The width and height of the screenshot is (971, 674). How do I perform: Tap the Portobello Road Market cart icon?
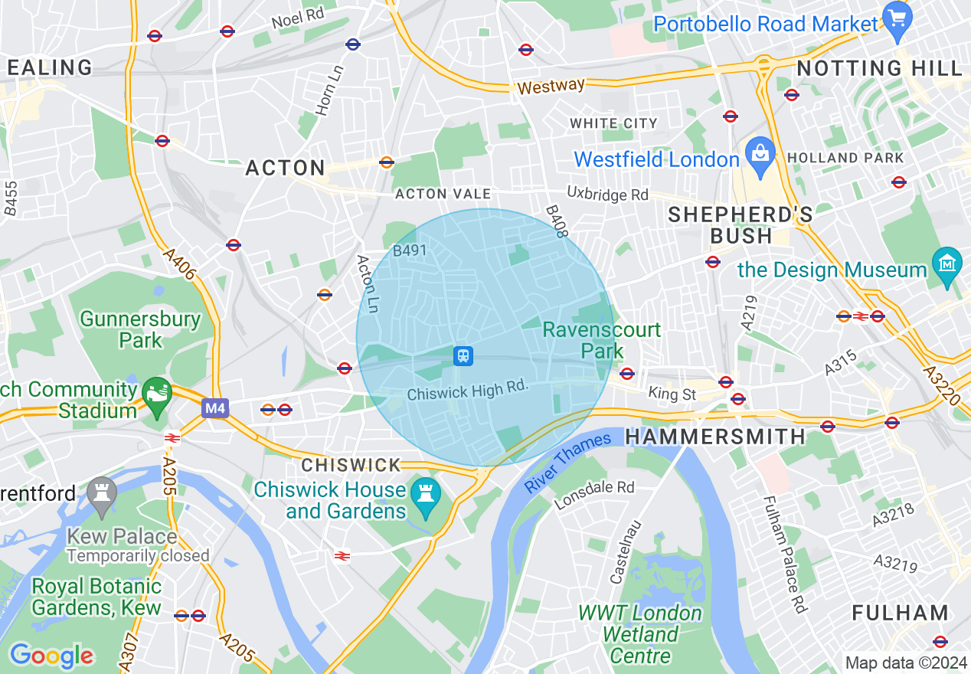click(895, 16)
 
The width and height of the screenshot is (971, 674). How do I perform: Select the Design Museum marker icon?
click(947, 263)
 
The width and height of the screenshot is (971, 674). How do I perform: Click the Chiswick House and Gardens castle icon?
click(422, 492)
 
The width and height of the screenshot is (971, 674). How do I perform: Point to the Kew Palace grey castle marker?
click(101, 492)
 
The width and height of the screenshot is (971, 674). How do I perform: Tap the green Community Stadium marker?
click(157, 394)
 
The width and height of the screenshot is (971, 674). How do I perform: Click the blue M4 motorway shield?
click(215, 409)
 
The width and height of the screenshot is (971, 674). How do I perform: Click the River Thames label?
click(569, 461)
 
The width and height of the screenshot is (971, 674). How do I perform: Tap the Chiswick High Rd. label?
click(468, 391)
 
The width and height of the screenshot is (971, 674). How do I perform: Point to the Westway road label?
click(551, 86)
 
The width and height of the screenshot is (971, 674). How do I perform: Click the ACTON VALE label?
click(443, 195)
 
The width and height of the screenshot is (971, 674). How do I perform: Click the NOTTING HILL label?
click(879, 68)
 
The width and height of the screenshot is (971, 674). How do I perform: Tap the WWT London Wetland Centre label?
click(640, 634)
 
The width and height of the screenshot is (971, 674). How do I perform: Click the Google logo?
click(51, 656)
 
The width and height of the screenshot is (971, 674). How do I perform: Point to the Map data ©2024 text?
click(906, 663)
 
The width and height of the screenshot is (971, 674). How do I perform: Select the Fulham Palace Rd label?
click(785, 555)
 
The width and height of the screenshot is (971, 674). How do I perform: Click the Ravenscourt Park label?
click(602, 340)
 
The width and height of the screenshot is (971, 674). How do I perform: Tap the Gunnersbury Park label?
click(140, 329)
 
